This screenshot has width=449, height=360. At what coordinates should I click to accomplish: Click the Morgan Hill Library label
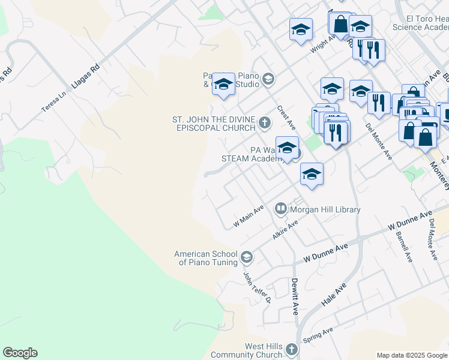(x=325, y=209)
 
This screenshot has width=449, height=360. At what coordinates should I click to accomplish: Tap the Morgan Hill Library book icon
(x=280, y=209)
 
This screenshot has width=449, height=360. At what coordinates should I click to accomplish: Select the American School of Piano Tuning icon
(x=246, y=258)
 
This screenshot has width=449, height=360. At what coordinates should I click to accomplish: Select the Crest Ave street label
(x=286, y=118)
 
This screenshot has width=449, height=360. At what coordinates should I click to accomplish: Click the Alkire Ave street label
(x=285, y=230)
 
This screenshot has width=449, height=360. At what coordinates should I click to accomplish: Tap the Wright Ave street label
(x=322, y=44)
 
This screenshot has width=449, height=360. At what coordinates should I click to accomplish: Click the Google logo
(x=20, y=353)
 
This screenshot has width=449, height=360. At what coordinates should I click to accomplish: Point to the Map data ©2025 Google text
(x=412, y=355)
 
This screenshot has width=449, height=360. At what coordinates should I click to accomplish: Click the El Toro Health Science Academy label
(x=420, y=23)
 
